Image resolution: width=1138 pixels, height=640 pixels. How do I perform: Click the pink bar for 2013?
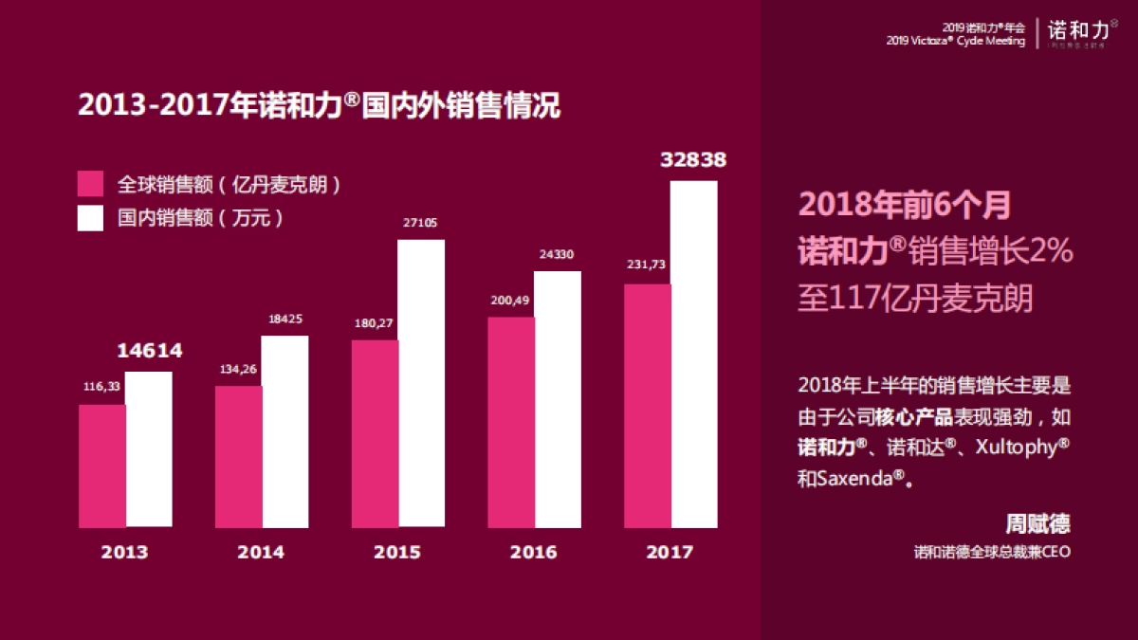coord(101,466)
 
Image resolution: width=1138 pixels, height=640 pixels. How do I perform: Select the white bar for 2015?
coord(420,383)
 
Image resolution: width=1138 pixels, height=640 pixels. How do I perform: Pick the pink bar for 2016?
coord(511,422)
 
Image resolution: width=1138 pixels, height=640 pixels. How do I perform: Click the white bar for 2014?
coord(284,431)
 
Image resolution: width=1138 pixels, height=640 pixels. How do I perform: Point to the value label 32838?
coord(693,160)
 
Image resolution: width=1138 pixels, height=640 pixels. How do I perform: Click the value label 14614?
coord(149,351)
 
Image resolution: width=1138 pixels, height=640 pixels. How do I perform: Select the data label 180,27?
coord(375,323)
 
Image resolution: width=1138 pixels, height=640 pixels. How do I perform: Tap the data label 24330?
coord(557,254)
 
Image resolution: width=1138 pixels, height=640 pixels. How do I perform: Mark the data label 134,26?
coord(238,369)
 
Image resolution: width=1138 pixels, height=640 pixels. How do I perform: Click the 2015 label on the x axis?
coord(397,552)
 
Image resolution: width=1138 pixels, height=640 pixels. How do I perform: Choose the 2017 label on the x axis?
coord(670,552)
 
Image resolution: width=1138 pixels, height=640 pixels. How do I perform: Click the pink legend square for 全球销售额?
coord(90,184)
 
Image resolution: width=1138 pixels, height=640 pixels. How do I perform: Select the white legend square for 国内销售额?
coord(90,218)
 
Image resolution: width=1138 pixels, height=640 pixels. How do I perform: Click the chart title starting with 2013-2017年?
coord(319,105)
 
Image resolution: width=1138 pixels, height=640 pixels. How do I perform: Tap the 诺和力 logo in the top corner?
coord(1075,33)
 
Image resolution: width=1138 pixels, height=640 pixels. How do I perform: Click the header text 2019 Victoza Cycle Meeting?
coord(955,42)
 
